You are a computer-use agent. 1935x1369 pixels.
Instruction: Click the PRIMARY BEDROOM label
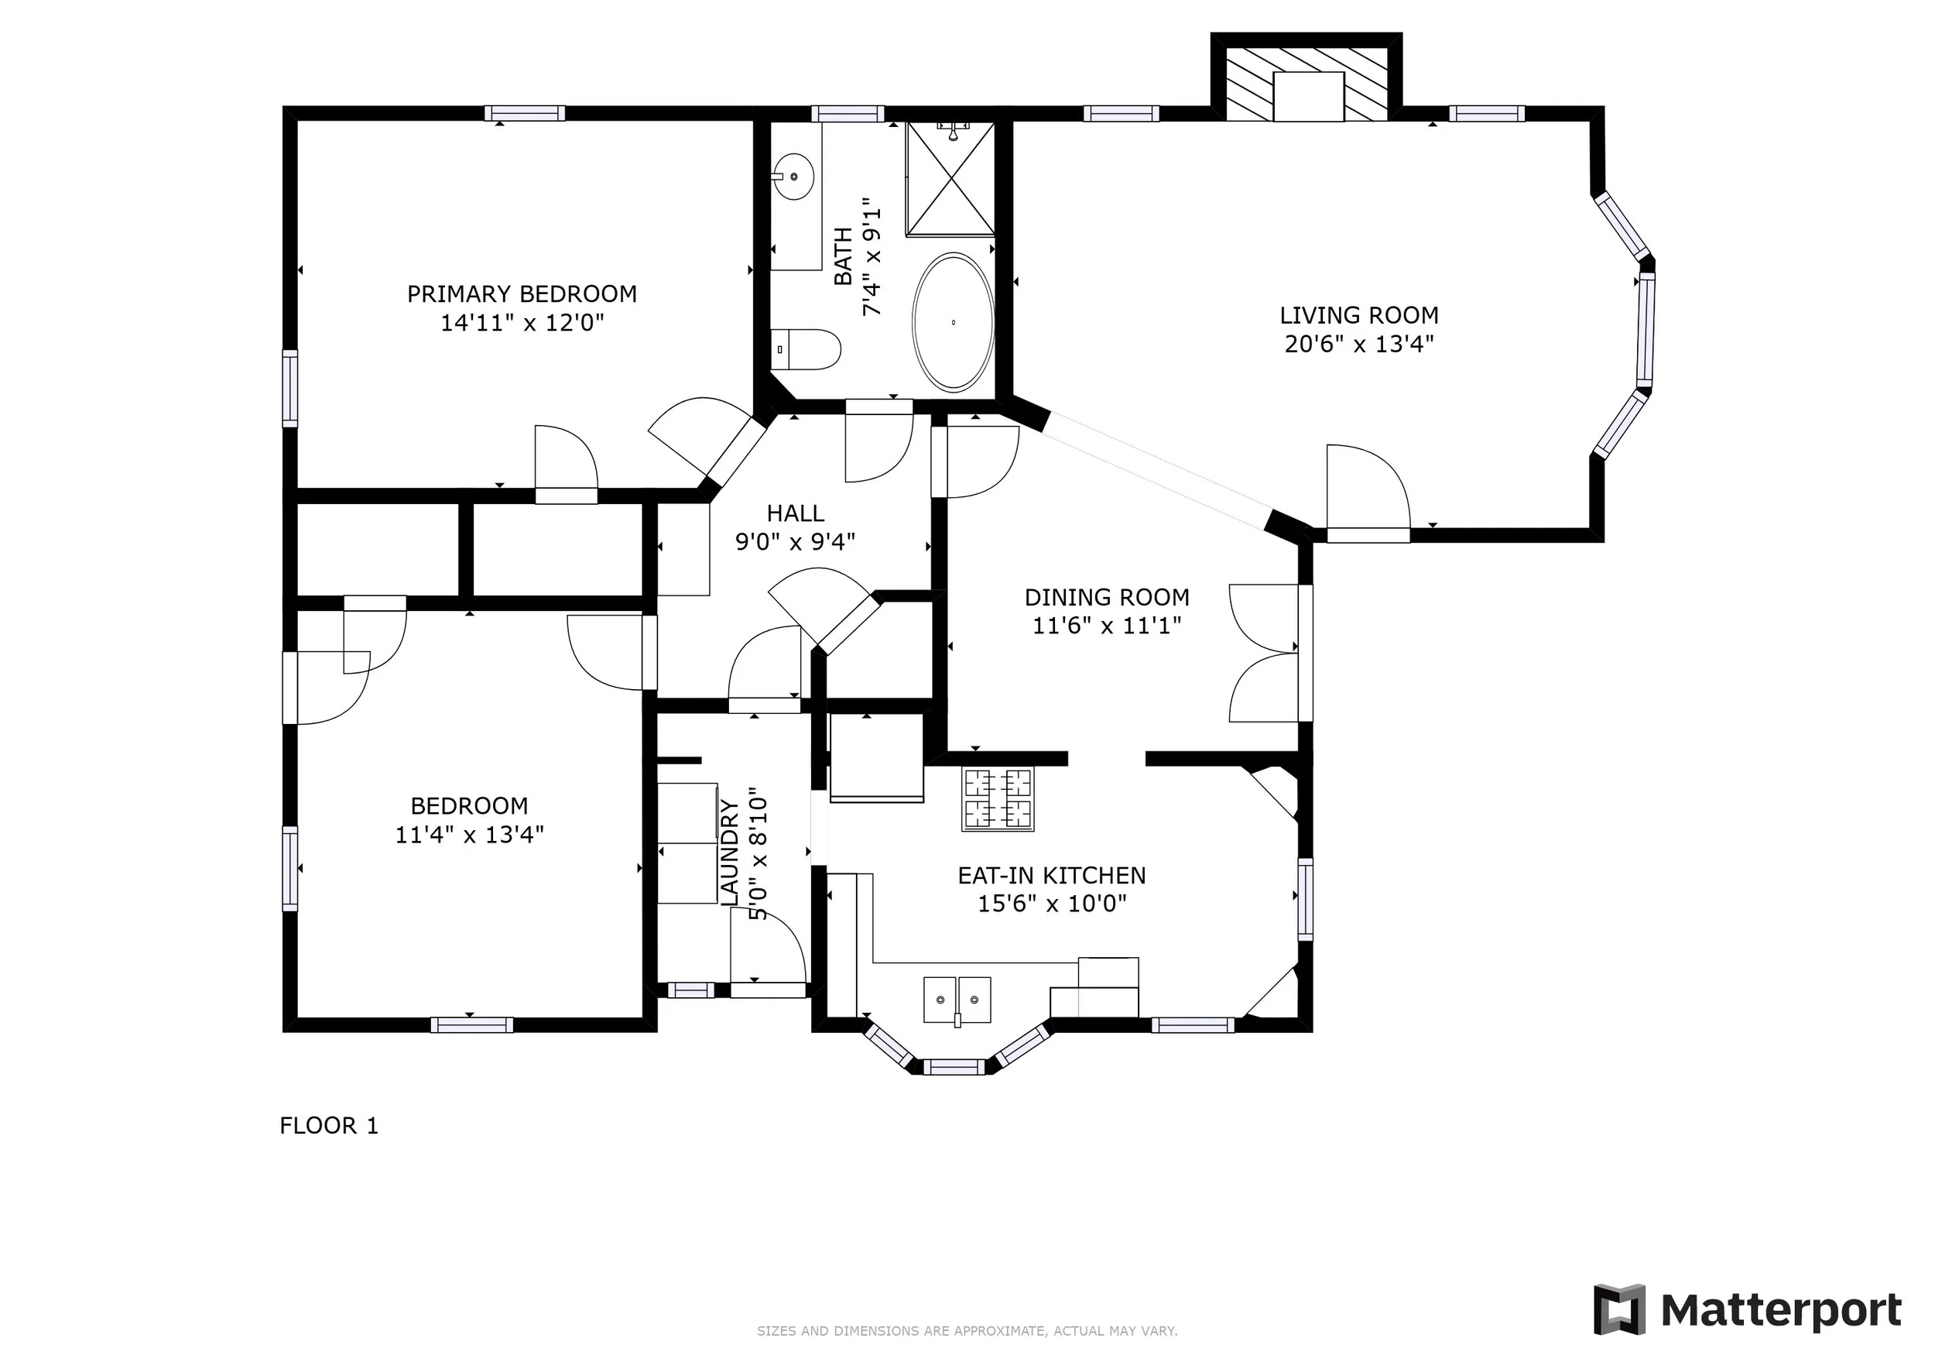click(522, 294)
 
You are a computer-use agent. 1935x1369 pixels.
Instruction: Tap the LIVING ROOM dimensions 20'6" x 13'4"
click(1359, 344)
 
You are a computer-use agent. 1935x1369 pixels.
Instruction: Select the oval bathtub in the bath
click(953, 322)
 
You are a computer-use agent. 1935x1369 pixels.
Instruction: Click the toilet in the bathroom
click(806, 349)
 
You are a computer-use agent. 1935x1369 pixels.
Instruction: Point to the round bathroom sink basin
click(793, 177)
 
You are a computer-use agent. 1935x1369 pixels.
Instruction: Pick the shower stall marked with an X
click(950, 178)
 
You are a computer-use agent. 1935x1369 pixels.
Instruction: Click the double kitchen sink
click(957, 1000)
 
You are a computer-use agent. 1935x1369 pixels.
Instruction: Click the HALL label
click(796, 513)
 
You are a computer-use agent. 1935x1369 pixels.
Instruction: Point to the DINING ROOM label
click(1107, 598)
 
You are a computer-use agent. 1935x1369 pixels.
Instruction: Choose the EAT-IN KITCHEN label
click(1052, 876)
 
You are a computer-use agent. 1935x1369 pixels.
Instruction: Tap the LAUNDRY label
click(730, 853)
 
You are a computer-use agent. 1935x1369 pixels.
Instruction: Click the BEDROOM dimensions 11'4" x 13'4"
click(469, 835)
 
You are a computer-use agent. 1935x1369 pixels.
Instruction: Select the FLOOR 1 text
click(329, 1125)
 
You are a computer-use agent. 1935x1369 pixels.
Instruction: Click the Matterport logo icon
click(1618, 1310)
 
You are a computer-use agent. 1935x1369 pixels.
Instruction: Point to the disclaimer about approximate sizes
click(967, 1331)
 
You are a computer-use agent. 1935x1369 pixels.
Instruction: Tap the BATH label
click(843, 256)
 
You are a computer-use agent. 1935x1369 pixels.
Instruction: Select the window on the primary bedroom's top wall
click(524, 113)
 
